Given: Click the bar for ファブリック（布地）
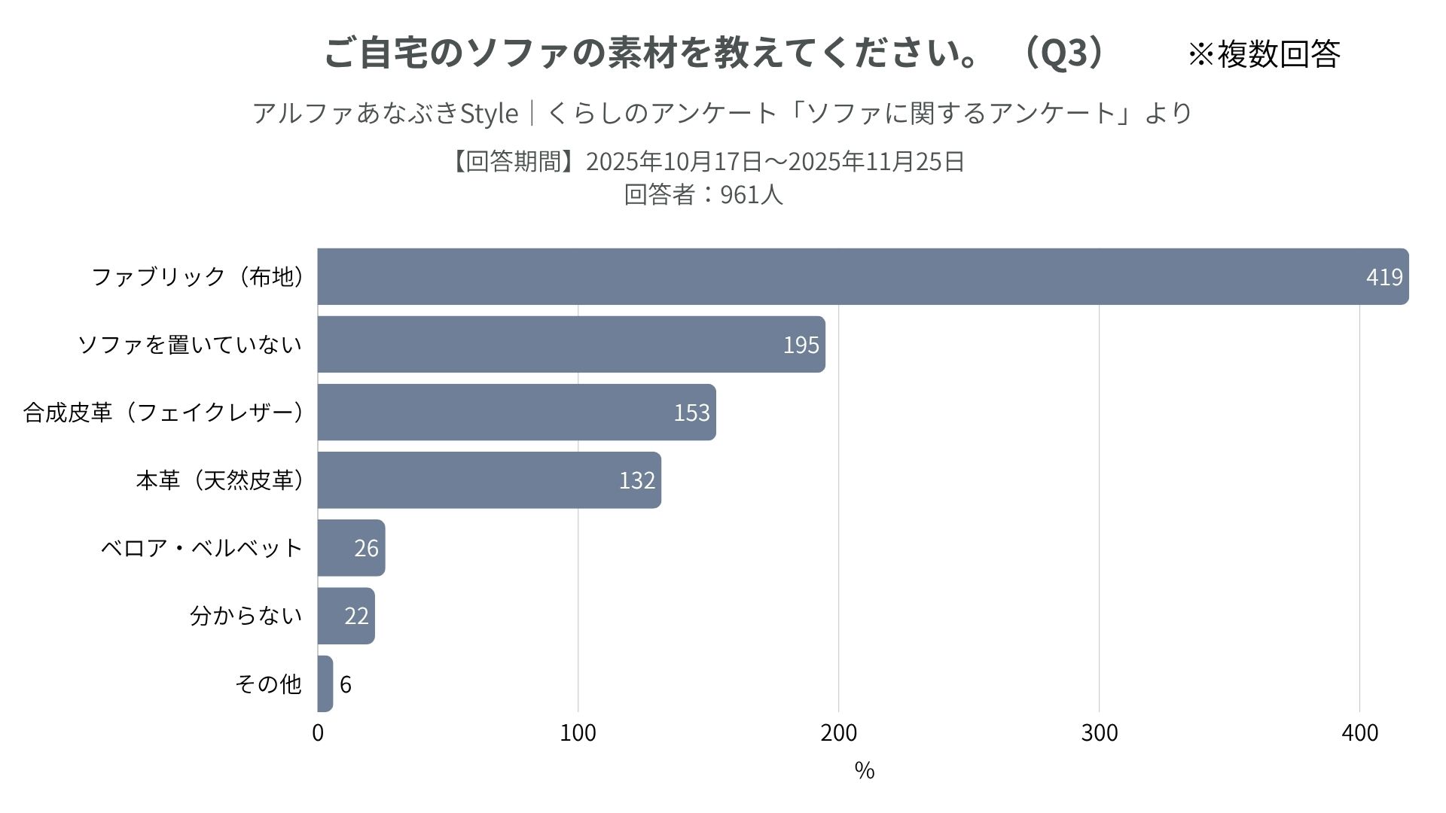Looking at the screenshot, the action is coord(863,276).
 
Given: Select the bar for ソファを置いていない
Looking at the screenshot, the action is coord(572,344).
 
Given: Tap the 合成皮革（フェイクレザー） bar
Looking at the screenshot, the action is coord(517,412).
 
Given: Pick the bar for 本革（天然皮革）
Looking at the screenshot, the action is coord(490,480).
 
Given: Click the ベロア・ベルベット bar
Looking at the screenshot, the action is coord(352,547).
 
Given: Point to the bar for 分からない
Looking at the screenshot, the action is coord(346,616).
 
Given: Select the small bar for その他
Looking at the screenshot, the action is coord(325,684).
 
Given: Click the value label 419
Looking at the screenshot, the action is coord(1384,277).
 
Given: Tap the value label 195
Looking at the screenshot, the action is coord(801,345).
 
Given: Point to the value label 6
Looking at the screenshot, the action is coord(346,684).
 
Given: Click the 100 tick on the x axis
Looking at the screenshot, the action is coord(578,732).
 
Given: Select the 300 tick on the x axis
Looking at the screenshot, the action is coord(1100,732).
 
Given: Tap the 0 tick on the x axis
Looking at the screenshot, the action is coord(318,732).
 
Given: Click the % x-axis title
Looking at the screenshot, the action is coord(865,770).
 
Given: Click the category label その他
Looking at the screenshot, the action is coord(268,684).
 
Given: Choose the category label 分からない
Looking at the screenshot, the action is coord(246,616).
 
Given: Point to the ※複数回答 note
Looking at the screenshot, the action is coord(1264,53).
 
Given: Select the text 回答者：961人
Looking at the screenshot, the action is coord(703,194).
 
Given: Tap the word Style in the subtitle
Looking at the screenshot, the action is coord(489,114).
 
